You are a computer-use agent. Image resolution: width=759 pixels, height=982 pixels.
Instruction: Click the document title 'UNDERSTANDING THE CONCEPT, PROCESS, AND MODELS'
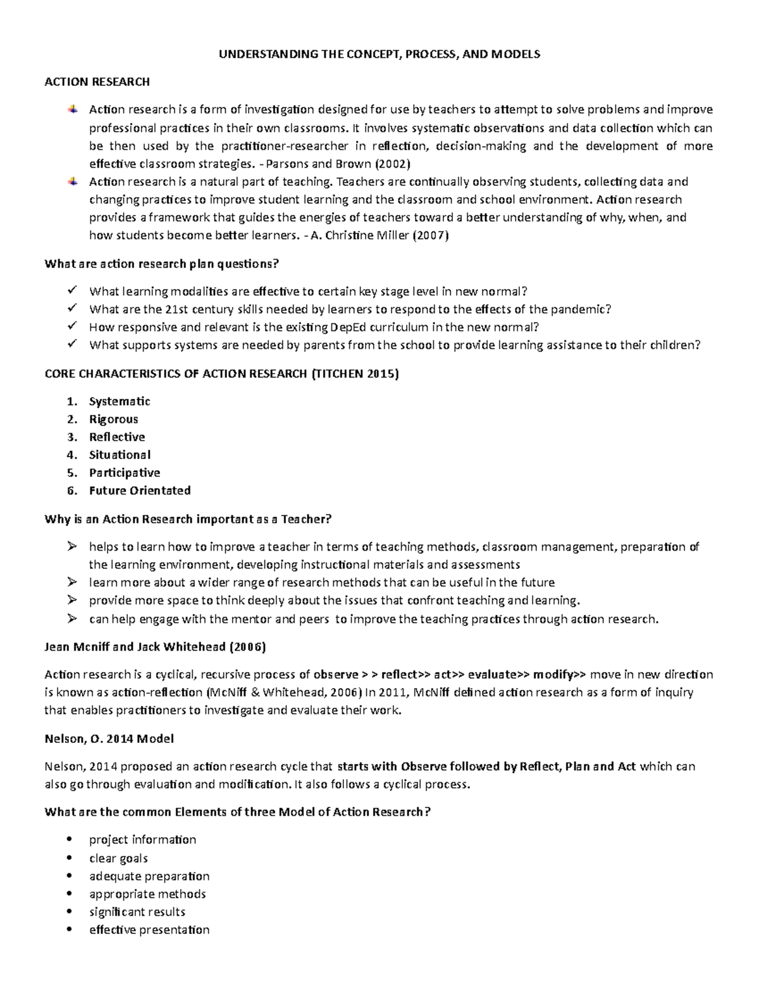pos(379,54)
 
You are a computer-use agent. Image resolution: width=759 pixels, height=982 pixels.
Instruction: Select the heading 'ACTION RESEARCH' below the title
pos(97,82)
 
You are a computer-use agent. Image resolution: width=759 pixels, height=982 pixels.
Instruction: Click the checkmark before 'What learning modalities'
pos(71,291)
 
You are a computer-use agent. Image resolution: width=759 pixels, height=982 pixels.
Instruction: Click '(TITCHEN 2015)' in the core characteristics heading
pos(355,374)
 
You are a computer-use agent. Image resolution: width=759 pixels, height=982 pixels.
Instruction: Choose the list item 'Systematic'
pos(120,402)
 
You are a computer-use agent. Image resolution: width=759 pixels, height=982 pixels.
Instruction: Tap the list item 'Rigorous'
pos(113,419)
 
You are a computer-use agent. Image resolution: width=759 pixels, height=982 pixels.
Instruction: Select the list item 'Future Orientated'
pos(140,491)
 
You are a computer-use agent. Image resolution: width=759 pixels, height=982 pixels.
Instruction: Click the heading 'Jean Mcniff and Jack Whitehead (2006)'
pos(155,647)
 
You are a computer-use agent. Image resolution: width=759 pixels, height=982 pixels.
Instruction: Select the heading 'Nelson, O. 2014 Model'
pos(109,739)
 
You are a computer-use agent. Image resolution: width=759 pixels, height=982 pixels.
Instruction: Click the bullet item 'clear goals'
pos(118,859)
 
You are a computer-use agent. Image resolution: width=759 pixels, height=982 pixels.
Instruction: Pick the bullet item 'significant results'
pos(137,912)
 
